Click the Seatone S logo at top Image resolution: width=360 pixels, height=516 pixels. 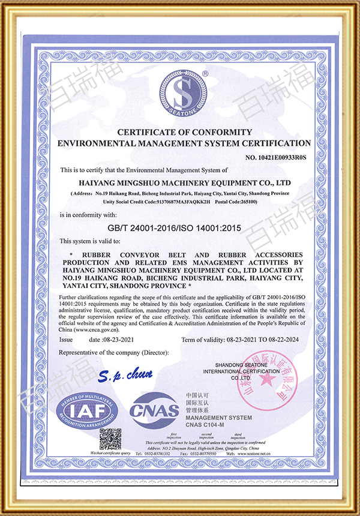tap(183, 94)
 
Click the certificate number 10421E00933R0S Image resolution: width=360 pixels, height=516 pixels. tap(275, 158)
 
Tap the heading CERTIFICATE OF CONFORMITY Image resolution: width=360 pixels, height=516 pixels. tap(184, 132)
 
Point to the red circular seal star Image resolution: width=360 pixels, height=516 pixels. tap(269, 380)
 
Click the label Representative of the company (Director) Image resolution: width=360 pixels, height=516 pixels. tap(114, 352)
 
